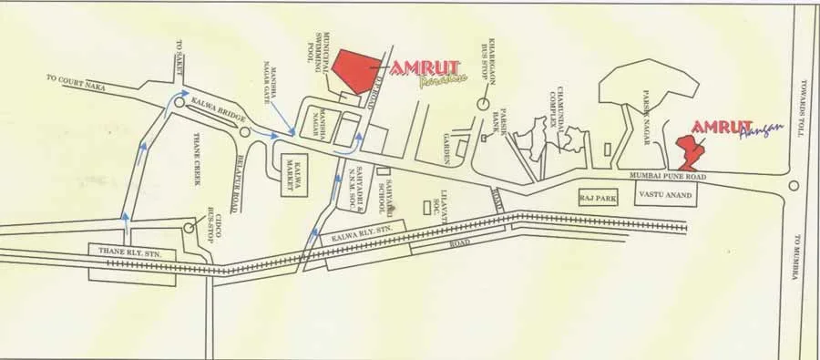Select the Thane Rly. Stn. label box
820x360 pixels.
point(123,249)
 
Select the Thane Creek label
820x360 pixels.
point(197,159)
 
